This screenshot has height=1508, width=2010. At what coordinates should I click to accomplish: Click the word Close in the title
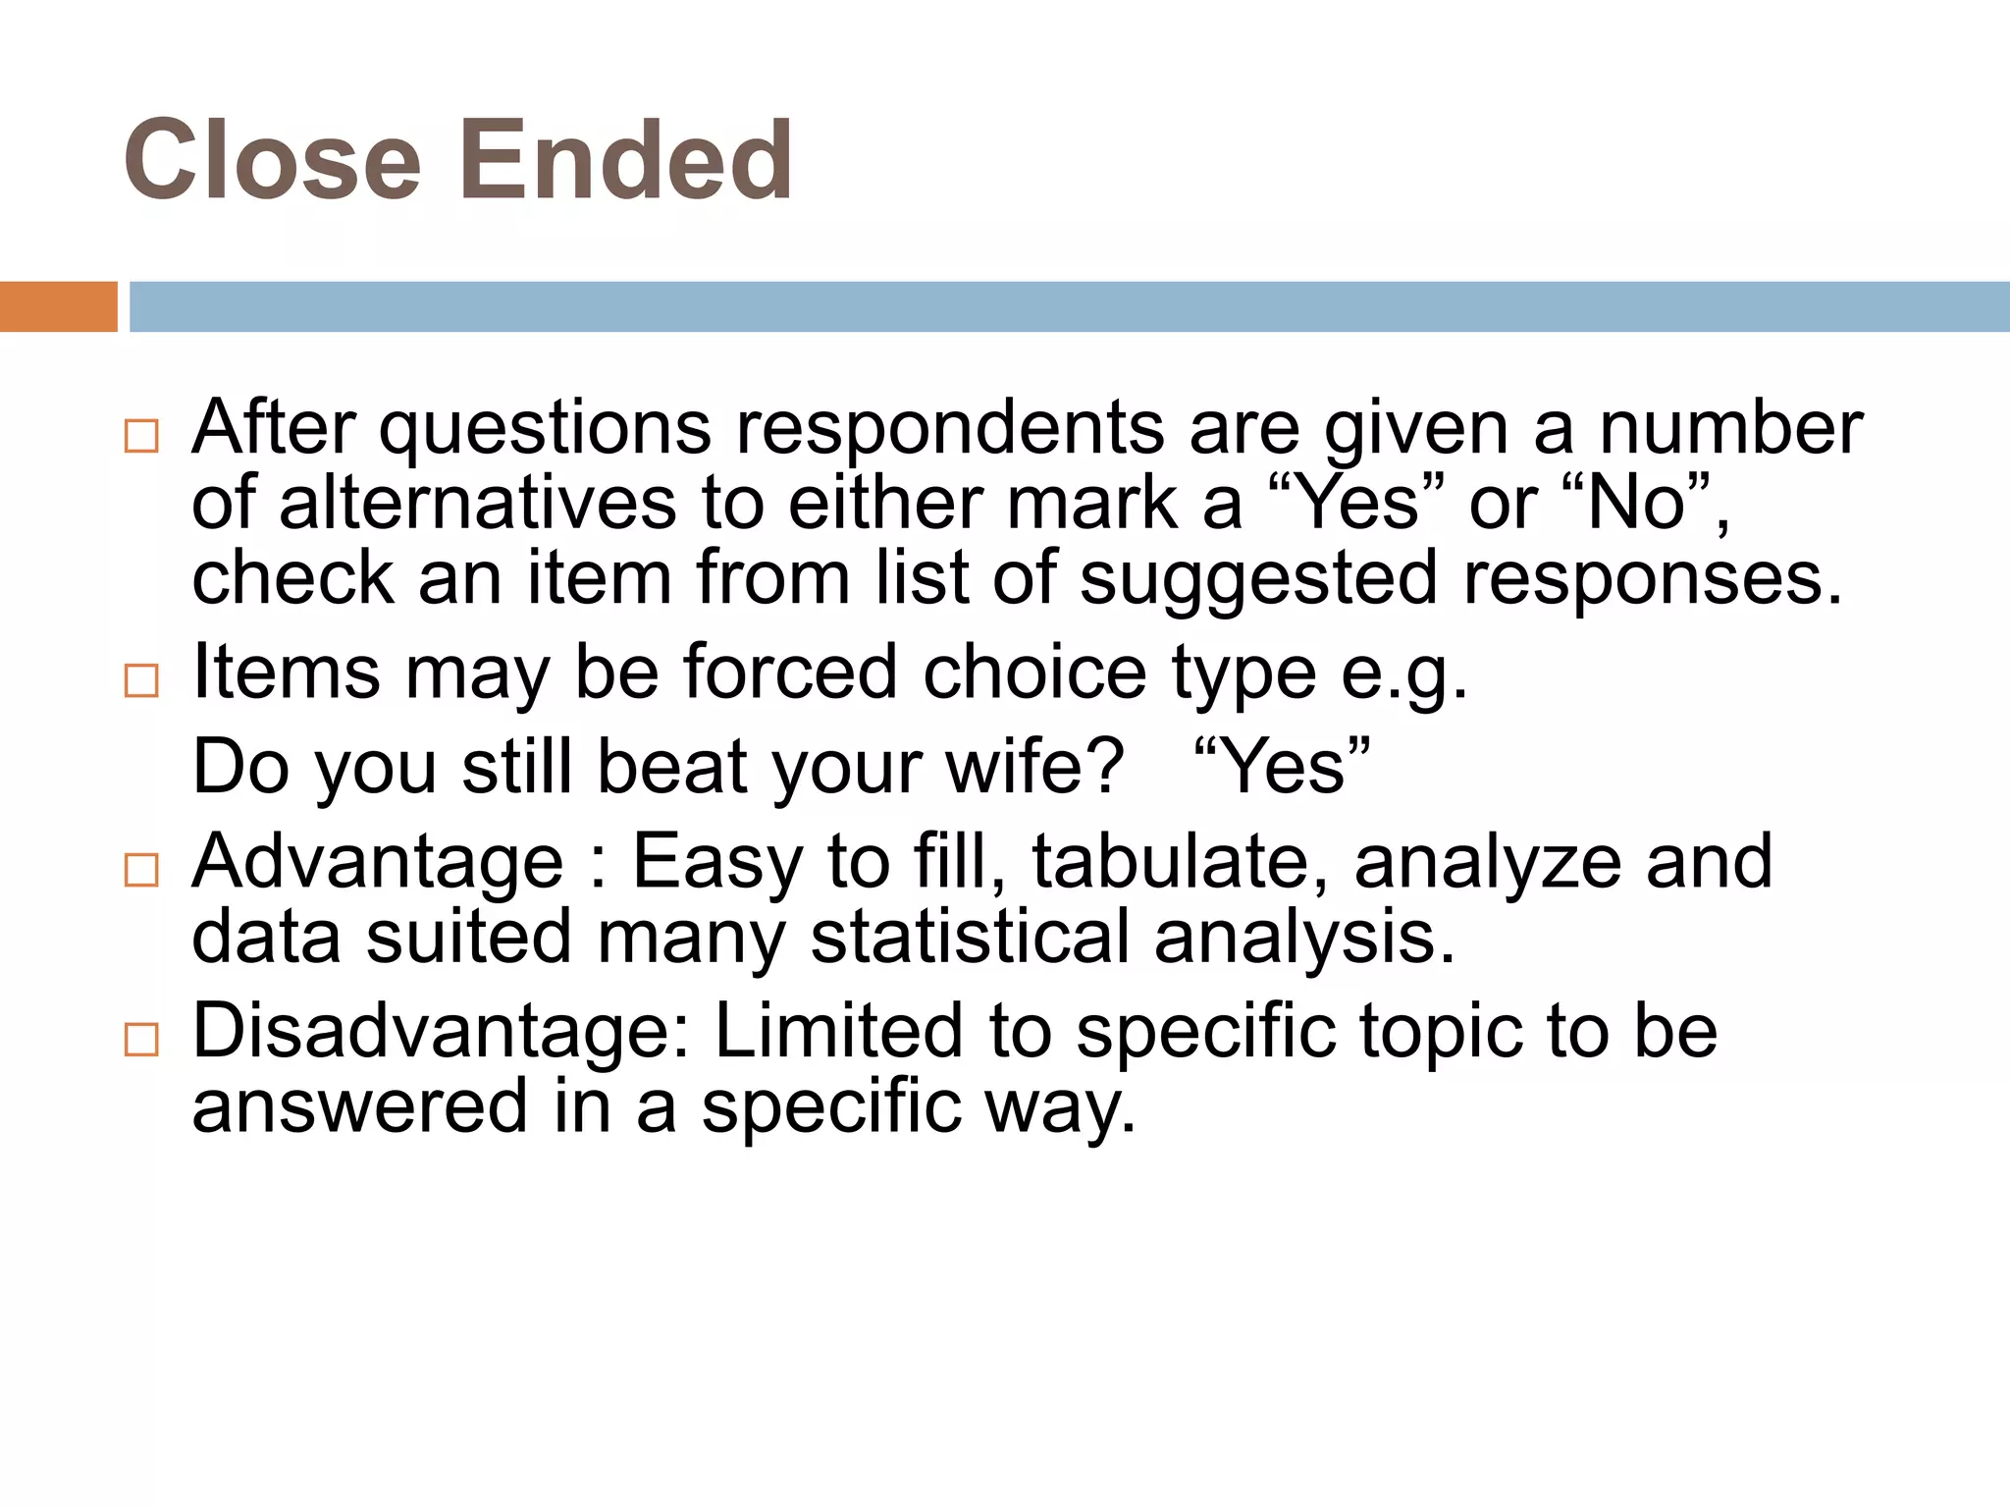(x=272, y=159)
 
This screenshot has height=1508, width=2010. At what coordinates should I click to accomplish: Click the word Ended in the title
(x=625, y=159)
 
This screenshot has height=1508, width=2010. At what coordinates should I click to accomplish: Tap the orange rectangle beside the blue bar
(x=58, y=306)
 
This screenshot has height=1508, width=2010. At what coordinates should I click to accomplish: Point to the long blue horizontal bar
(x=1068, y=306)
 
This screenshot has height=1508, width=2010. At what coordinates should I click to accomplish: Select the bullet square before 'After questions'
(x=142, y=436)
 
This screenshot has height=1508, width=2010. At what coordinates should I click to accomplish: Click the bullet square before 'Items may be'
(x=142, y=680)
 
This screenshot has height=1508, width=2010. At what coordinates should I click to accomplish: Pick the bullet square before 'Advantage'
(x=142, y=870)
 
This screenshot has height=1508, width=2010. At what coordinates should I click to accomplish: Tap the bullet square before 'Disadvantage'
(x=142, y=1039)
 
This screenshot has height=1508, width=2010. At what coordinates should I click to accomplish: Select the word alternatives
(x=478, y=503)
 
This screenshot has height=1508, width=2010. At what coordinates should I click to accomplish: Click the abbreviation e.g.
(x=1404, y=674)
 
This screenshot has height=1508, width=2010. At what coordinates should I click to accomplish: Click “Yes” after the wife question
(x=1284, y=766)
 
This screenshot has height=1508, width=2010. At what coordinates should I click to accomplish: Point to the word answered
(x=360, y=1106)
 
